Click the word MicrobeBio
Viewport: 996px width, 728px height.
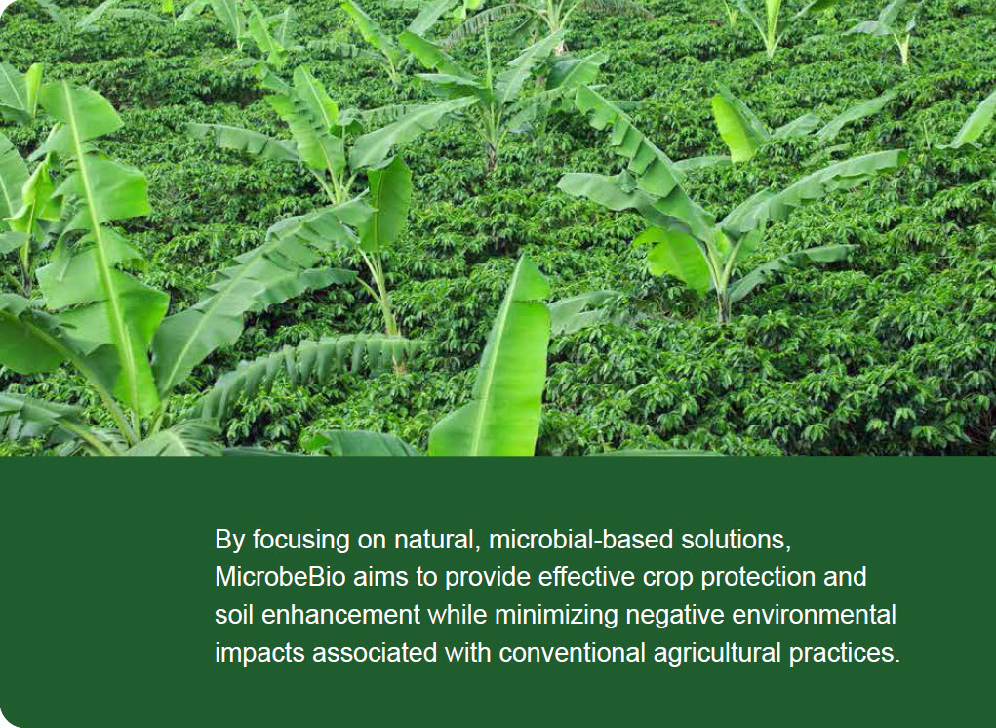tap(280, 577)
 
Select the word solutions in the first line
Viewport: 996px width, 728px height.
tap(736, 540)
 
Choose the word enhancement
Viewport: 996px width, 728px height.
tap(340, 615)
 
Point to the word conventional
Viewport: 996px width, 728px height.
tap(573, 653)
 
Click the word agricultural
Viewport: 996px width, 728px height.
tap(717, 654)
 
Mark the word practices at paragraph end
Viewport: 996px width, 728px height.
tap(845, 654)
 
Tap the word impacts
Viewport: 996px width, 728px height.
tap(259, 654)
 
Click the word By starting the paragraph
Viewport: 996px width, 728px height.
tap(229, 541)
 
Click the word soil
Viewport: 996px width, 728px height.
tap(234, 615)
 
